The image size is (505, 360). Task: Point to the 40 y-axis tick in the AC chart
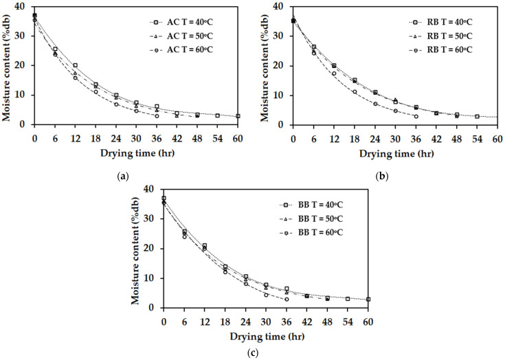[x=24, y=6]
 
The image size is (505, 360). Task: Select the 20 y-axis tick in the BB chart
[x=153, y=249]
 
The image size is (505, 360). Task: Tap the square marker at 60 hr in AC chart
[x=238, y=116]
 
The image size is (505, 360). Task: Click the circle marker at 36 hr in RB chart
[x=416, y=116]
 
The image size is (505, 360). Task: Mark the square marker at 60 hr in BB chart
[x=368, y=300]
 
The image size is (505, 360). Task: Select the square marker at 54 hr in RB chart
[x=477, y=116]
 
